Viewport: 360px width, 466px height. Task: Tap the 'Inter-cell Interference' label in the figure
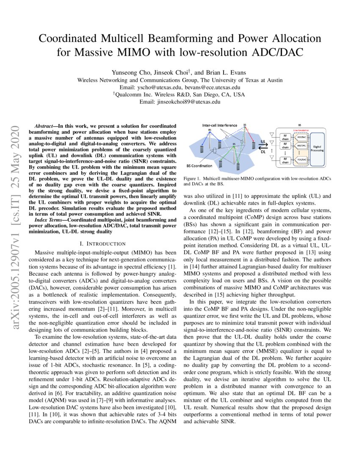point(219,125)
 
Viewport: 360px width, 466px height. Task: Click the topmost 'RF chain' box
point(285,137)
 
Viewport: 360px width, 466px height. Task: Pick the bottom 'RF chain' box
point(285,161)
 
